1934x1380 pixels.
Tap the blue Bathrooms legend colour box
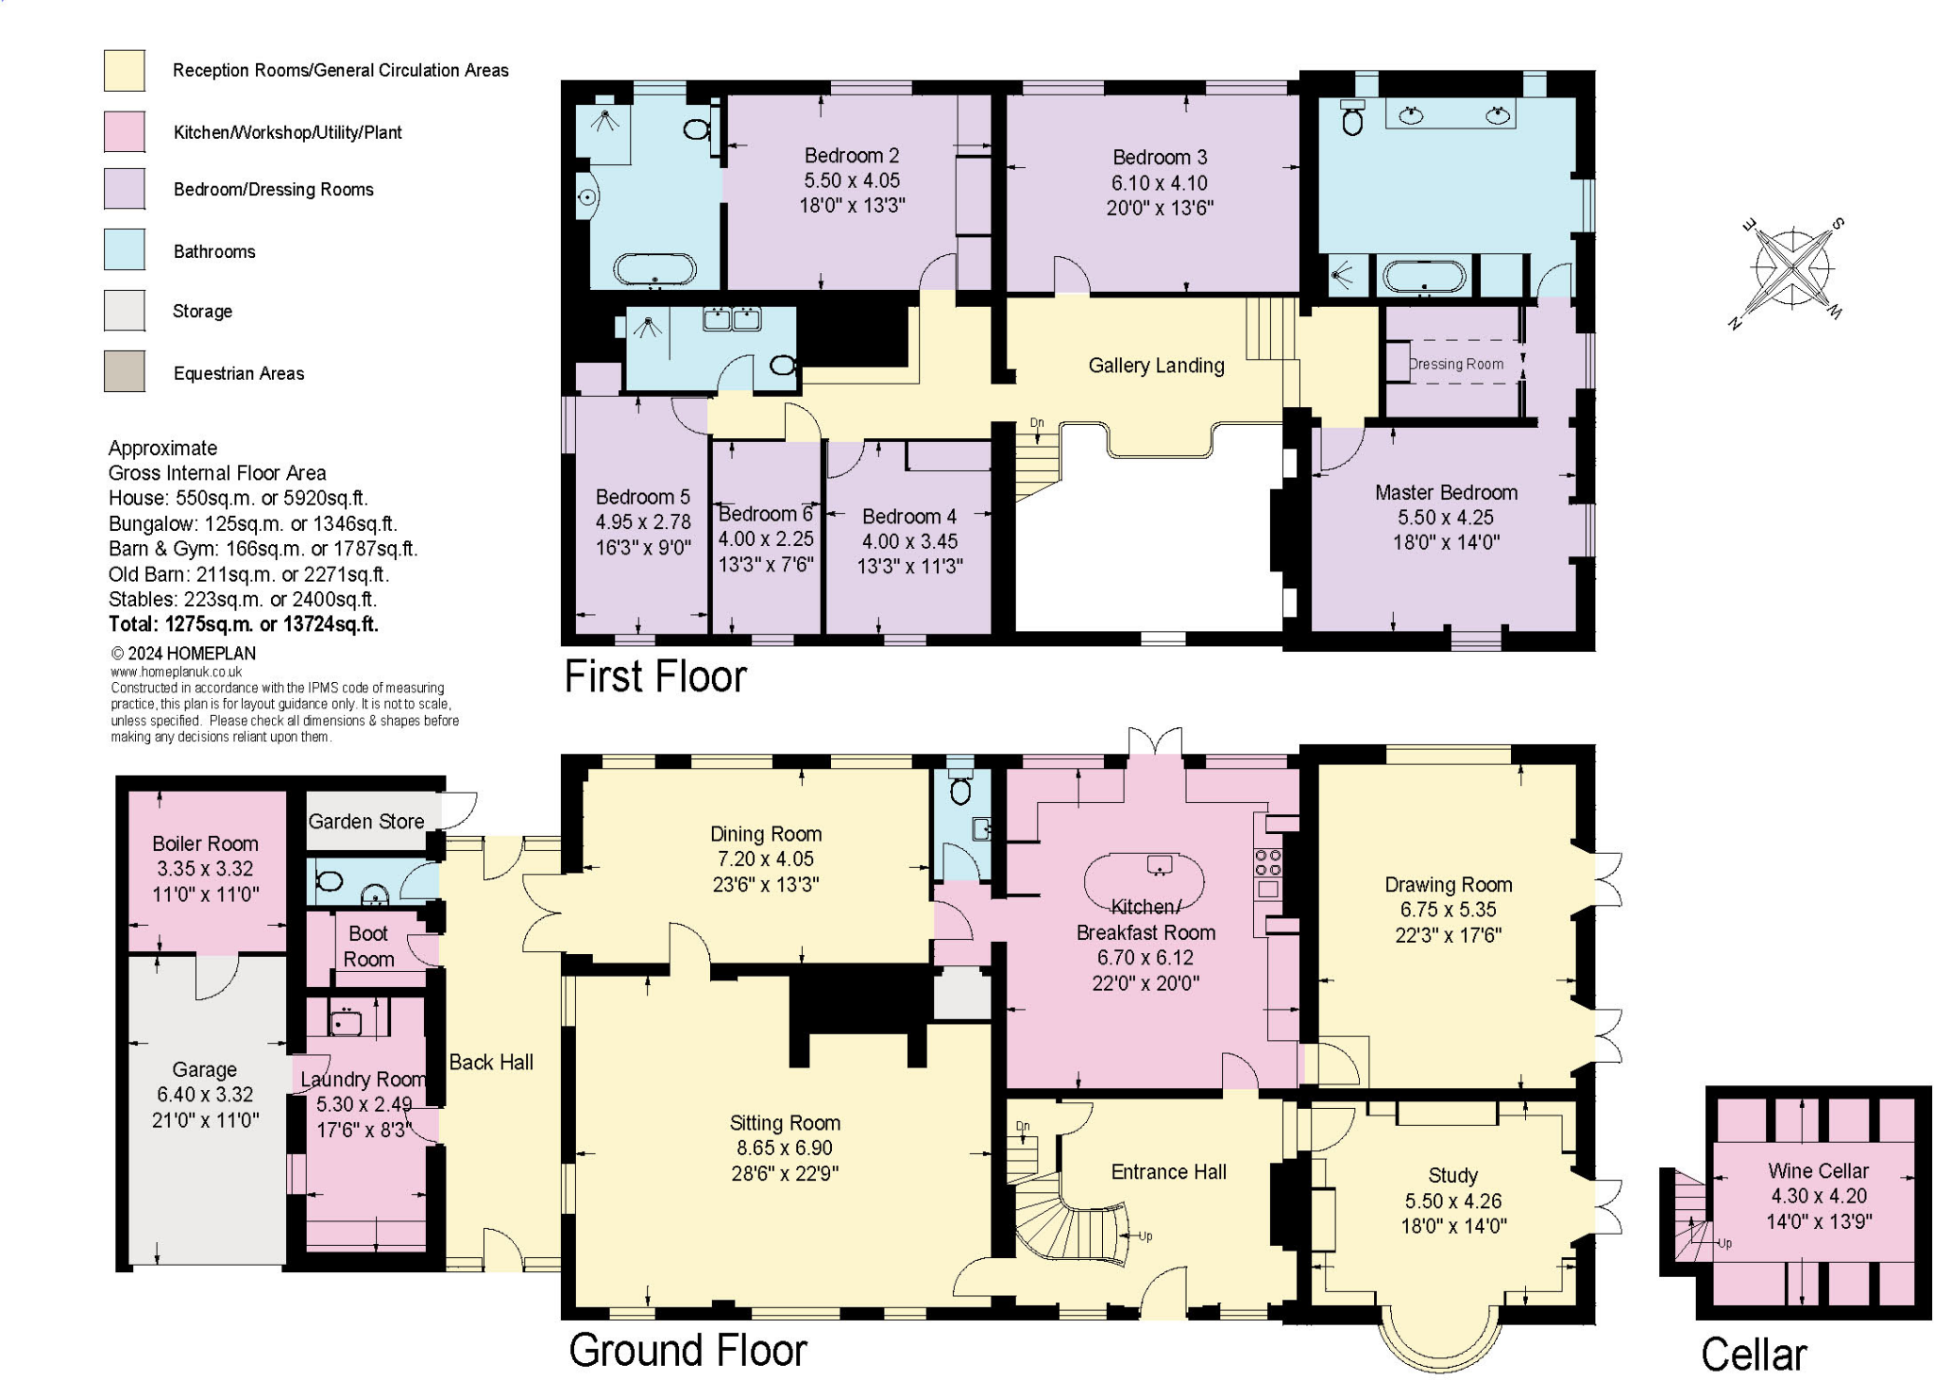[124, 250]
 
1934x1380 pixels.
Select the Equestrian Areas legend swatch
[124, 372]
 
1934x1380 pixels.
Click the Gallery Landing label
[1156, 366]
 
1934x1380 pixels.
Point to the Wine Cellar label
[1818, 1170]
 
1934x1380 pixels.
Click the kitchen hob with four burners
[1267, 860]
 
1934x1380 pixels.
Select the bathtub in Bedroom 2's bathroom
[654, 269]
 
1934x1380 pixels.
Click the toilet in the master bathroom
[1352, 119]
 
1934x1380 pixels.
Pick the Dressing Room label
[1455, 364]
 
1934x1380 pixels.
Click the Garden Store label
[366, 821]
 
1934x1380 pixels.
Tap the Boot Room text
[368, 946]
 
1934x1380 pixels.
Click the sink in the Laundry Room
[346, 1021]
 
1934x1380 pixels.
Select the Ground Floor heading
[687, 1350]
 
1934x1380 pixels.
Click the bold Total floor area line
[243, 624]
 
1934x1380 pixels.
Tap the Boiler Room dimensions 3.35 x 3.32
[205, 868]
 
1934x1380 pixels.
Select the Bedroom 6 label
[765, 514]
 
